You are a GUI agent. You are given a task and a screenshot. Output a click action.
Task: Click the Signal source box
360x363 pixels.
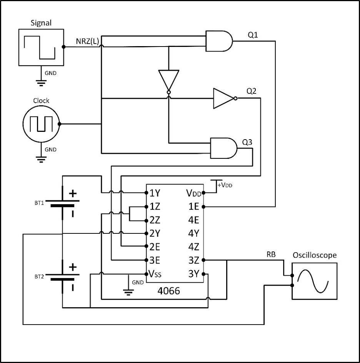(x=41, y=47)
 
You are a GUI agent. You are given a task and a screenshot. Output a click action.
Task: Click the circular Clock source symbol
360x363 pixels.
(x=41, y=124)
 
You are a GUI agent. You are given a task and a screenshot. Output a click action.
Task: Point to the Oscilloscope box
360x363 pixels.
(x=314, y=281)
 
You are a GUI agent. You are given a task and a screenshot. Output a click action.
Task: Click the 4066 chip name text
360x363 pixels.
(x=168, y=291)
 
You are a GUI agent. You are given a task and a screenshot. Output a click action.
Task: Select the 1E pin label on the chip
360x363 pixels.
(x=193, y=206)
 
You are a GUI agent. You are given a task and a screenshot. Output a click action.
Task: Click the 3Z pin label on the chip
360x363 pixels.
(x=193, y=260)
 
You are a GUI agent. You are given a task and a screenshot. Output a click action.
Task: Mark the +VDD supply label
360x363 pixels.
(x=225, y=185)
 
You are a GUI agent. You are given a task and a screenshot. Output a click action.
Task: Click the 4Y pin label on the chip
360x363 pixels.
(x=193, y=233)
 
